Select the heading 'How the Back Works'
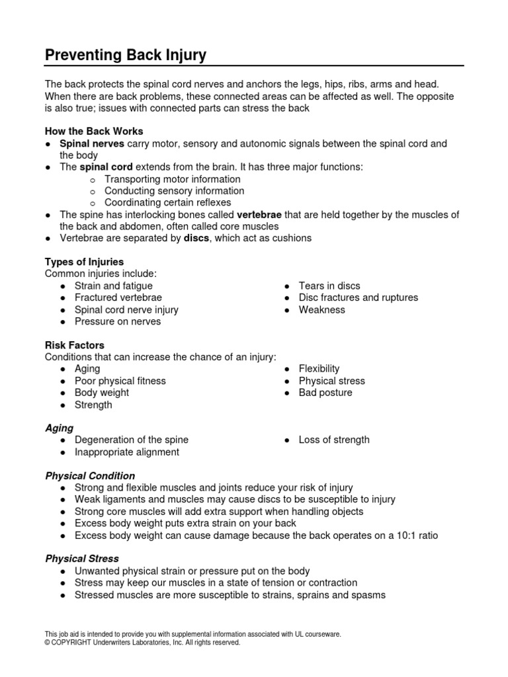(x=94, y=131)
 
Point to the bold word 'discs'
(x=196, y=238)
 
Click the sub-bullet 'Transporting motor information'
(x=173, y=179)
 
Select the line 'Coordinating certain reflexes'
(x=168, y=203)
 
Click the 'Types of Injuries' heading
(x=84, y=262)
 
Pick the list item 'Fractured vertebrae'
(x=118, y=298)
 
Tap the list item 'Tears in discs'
(x=329, y=286)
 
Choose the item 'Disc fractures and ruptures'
(x=359, y=298)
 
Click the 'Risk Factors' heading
(x=74, y=345)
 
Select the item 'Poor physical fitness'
(x=120, y=381)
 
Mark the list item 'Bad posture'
(x=325, y=393)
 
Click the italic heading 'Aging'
(x=59, y=428)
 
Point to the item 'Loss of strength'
(x=334, y=440)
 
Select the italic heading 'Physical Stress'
(x=82, y=559)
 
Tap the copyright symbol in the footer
(x=48, y=642)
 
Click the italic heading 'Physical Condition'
(x=90, y=475)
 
